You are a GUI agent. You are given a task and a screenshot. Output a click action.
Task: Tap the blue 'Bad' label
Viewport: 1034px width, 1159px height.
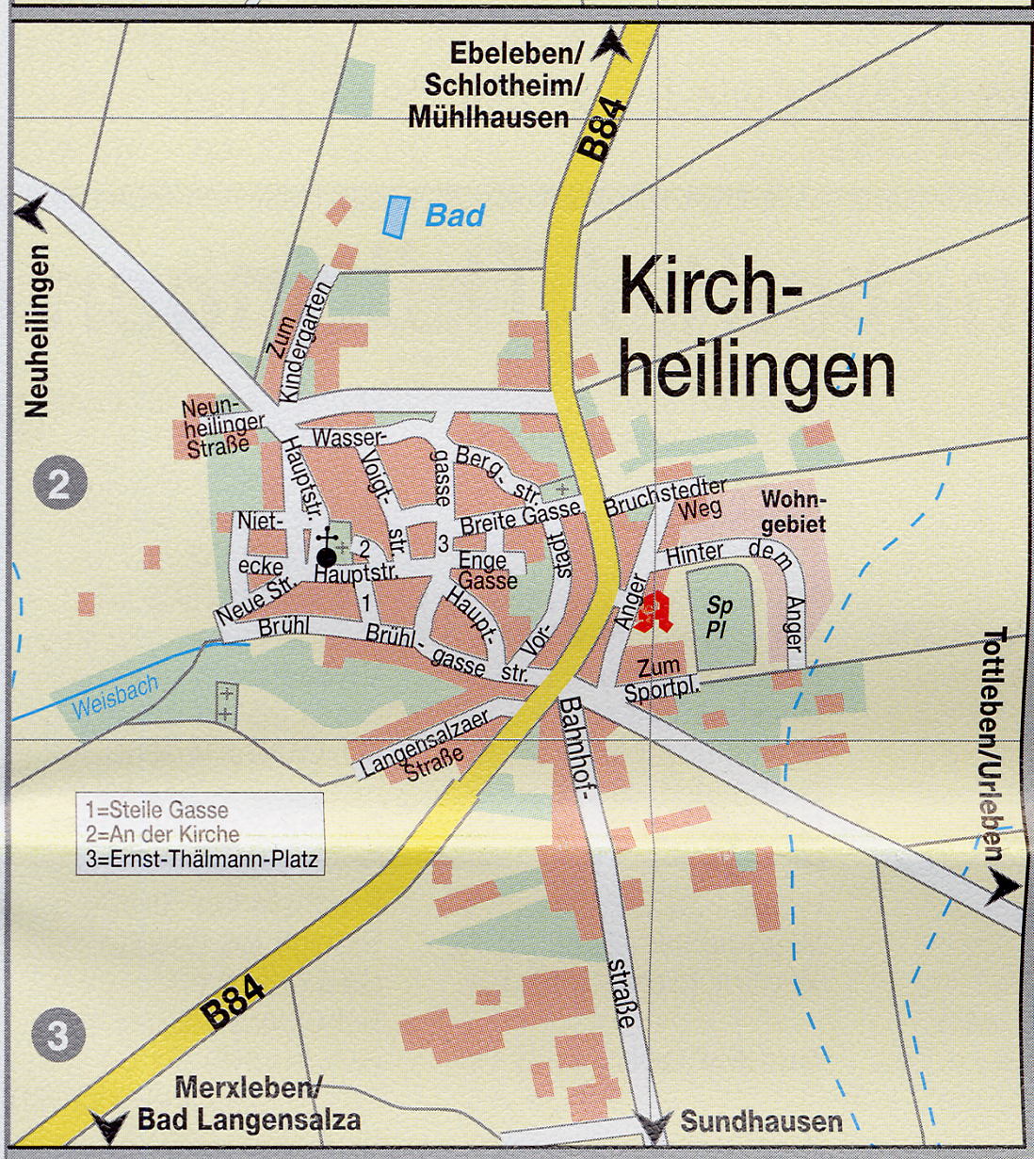455,216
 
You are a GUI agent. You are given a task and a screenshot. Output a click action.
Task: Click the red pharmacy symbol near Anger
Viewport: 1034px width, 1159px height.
653,611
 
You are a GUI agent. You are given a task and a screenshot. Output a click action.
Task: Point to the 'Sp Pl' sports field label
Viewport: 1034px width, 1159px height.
719,618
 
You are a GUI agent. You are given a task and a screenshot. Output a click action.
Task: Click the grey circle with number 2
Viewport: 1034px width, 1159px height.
59,485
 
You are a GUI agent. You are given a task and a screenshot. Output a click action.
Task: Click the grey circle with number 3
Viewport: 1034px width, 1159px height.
58,1036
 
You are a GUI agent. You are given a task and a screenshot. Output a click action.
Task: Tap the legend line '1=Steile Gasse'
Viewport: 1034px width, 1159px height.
157,810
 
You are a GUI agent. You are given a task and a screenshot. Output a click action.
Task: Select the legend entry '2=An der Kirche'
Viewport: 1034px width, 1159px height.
162,834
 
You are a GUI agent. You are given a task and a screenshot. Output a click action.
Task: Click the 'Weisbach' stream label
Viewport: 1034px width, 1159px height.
116,696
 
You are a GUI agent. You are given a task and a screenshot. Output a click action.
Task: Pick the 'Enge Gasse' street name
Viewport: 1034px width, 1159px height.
486,570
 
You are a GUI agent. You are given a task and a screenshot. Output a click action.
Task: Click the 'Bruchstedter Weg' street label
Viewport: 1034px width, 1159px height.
667,499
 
